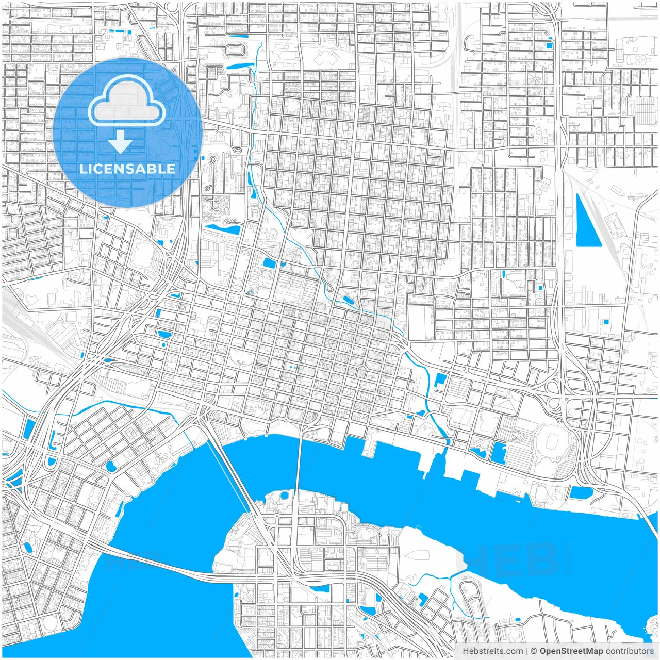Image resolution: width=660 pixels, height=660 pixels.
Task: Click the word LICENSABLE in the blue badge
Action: (x=127, y=169)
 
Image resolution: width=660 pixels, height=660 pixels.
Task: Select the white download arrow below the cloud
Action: (x=121, y=142)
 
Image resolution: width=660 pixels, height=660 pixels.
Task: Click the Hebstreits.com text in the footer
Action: (x=492, y=651)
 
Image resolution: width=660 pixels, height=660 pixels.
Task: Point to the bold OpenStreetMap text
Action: (x=571, y=651)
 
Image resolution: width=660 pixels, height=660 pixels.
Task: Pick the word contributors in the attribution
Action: (x=630, y=651)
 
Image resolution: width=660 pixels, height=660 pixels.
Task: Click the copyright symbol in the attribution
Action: (x=534, y=651)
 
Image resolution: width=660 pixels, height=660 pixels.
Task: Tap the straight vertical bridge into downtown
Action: (x=299, y=464)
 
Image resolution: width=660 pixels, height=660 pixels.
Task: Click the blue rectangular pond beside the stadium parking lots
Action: (x=499, y=452)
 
